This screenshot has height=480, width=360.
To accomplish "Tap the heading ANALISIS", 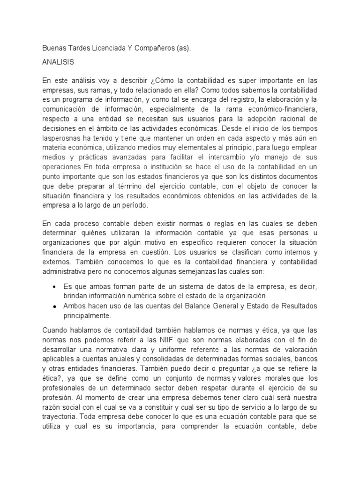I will pos(58,61).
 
